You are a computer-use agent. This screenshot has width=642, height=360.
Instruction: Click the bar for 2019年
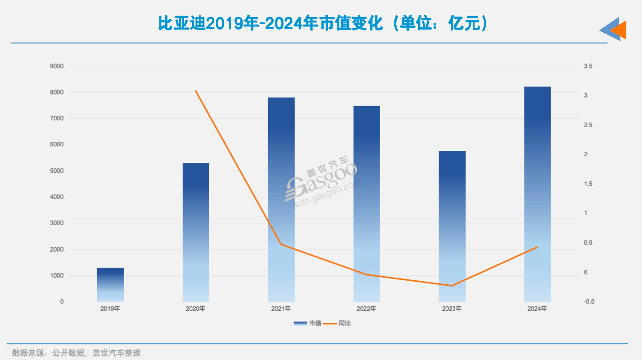[x=110, y=285]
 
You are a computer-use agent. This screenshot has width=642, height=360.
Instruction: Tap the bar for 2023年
[x=452, y=226]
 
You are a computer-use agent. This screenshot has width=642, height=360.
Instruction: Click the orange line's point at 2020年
[x=196, y=91]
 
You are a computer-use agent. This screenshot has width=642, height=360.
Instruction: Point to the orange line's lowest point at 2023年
[x=452, y=286]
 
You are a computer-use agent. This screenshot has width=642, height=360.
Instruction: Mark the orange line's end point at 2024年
[x=537, y=247]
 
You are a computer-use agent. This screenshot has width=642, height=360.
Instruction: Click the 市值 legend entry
[x=308, y=323]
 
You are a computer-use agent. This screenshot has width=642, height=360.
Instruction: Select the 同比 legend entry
[x=338, y=323]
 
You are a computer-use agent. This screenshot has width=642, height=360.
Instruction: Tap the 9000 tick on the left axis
[x=56, y=66]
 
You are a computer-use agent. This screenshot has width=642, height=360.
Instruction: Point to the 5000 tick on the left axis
[x=56, y=171]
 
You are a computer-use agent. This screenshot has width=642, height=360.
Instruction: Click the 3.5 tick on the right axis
[x=588, y=66]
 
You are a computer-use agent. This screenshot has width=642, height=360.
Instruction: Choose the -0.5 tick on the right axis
[x=589, y=302]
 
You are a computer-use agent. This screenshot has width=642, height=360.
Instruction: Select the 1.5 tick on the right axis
[x=588, y=184]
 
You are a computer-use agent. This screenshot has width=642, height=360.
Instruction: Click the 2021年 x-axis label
[x=281, y=309]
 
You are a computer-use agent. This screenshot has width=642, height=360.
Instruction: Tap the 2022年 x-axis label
[x=366, y=309]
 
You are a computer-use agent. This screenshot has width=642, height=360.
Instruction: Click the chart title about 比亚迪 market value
[x=322, y=24]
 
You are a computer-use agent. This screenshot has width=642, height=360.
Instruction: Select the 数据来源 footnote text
[x=76, y=353]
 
